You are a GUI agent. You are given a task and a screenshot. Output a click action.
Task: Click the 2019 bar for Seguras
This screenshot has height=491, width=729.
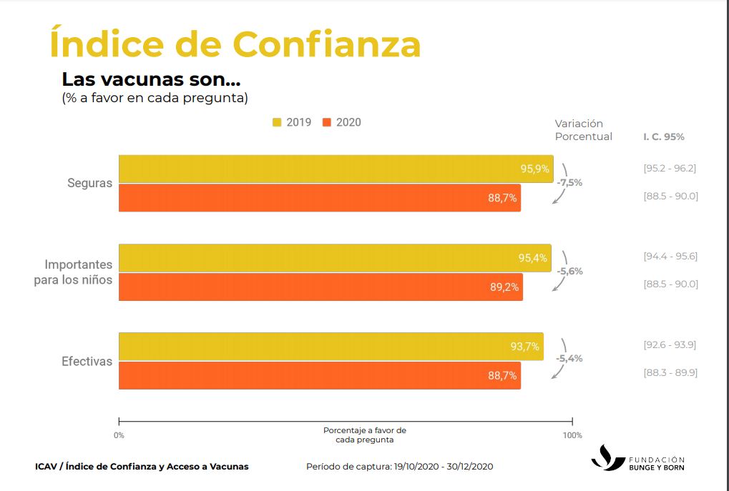(336, 169)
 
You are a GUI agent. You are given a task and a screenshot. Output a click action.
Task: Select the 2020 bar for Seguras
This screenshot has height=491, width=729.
(319, 198)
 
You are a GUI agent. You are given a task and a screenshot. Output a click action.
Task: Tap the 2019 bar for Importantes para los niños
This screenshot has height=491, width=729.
(335, 258)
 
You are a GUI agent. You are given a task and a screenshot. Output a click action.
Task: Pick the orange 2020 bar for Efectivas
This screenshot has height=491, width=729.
(319, 375)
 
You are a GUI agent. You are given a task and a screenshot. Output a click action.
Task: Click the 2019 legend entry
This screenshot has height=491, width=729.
(292, 122)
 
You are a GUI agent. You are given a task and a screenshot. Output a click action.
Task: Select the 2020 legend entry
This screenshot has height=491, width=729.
(342, 122)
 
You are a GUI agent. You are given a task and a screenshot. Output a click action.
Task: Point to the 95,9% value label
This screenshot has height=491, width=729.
(534, 169)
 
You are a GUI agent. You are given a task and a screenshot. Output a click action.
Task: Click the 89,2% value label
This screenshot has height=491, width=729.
(504, 287)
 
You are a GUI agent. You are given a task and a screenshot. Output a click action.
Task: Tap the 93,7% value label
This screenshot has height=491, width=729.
(524, 347)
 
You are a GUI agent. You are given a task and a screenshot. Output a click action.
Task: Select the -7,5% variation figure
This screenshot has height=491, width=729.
(569, 182)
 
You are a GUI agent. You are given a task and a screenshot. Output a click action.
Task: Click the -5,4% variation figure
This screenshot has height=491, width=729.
(569, 358)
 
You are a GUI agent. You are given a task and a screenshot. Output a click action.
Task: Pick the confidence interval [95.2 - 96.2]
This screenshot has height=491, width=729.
(670, 169)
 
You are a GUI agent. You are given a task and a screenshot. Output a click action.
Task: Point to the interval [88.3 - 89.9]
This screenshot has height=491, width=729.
(670, 372)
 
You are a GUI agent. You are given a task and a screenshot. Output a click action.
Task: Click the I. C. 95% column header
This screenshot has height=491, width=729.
(663, 137)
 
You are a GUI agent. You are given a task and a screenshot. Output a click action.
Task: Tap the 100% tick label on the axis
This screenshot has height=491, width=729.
(572, 435)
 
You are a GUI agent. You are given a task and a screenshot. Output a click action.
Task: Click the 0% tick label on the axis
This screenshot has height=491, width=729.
(119, 435)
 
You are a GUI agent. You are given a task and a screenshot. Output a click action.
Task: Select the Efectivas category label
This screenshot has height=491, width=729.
(87, 362)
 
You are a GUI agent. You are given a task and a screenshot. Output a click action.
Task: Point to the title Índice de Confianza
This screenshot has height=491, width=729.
(235, 44)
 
